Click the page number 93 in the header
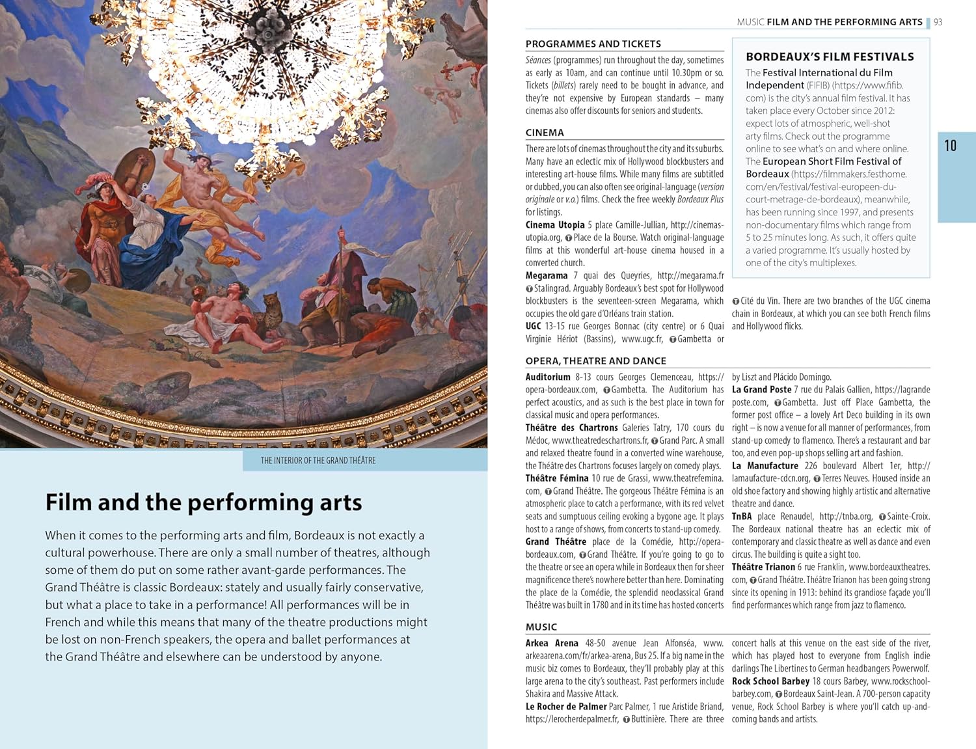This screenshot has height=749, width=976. click(x=938, y=22)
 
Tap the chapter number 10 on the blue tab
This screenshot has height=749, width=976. click(x=950, y=146)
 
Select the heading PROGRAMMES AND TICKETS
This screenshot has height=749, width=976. click(x=593, y=44)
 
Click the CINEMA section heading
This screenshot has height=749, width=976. click(x=545, y=133)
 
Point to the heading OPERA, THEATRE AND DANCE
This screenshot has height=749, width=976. click(x=595, y=361)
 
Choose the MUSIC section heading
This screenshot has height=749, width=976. click(x=541, y=627)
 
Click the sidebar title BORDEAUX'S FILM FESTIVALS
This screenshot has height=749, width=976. click(x=830, y=57)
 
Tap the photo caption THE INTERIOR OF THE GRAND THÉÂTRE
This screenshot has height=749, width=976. click(x=318, y=460)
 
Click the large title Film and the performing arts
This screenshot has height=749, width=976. click(x=203, y=502)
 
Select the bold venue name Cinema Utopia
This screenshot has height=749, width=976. click(x=555, y=225)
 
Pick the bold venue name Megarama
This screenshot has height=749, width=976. click(x=547, y=275)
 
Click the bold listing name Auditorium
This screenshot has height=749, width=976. click(x=548, y=377)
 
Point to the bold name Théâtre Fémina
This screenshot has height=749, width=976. click(x=556, y=478)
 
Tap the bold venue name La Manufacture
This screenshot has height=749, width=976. click(x=765, y=465)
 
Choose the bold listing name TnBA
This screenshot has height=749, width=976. click(x=741, y=516)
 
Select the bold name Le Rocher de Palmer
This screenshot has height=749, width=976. click(x=566, y=707)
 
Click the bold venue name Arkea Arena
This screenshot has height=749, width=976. click(x=552, y=643)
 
